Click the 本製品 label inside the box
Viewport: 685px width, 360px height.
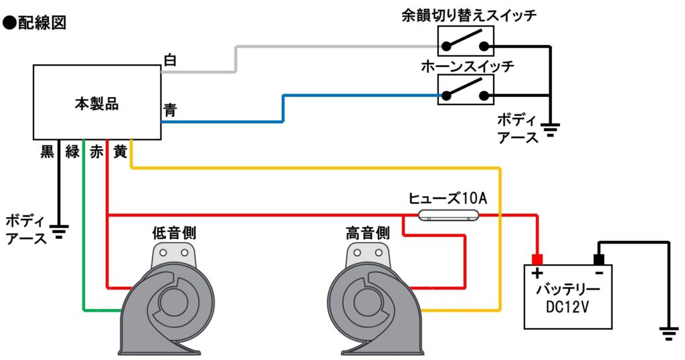(x=96, y=104)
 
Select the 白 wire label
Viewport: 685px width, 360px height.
(x=169, y=60)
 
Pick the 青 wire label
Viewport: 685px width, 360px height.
(x=170, y=109)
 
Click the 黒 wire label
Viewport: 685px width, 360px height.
(x=47, y=152)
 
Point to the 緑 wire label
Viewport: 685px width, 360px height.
(x=72, y=152)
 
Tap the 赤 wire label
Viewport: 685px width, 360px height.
(x=96, y=152)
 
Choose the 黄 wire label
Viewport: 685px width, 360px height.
(x=120, y=152)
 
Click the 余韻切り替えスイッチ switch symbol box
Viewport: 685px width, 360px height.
(x=466, y=41)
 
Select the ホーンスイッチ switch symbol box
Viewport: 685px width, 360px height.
(x=466, y=90)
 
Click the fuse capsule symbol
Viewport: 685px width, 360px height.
(x=448, y=215)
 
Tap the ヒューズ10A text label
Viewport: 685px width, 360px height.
(x=448, y=198)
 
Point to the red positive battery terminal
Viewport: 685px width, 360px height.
(x=537, y=260)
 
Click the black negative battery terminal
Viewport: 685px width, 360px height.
(x=599, y=260)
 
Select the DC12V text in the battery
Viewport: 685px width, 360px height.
(x=567, y=306)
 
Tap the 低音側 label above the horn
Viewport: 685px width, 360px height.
(x=174, y=232)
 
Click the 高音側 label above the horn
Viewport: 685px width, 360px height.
(x=368, y=232)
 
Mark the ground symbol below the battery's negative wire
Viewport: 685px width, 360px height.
(x=669, y=334)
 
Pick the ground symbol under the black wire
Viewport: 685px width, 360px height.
(x=59, y=232)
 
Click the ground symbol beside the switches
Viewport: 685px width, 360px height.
(x=551, y=130)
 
